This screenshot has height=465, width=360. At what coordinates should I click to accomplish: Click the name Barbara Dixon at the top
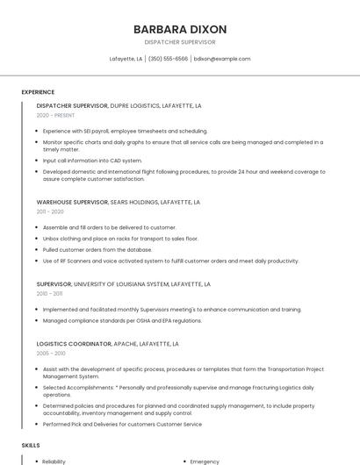pyautogui.click(x=179, y=29)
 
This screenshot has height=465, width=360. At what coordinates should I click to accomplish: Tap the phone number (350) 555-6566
pyautogui.click(x=168, y=59)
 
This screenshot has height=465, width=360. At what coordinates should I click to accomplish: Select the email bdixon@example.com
pyautogui.click(x=222, y=59)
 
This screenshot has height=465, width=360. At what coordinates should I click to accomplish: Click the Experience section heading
pyautogui.click(x=38, y=92)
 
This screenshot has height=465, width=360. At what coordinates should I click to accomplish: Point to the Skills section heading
pyautogui.click(x=31, y=446)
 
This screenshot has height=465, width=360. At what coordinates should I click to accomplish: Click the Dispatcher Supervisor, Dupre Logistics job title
pyautogui.click(x=119, y=105)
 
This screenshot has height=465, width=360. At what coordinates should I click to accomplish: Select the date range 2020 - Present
pyautogui.click(x=55, y=115)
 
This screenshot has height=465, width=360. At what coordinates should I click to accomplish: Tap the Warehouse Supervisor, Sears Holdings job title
pyautogui.click(x=118, y=202)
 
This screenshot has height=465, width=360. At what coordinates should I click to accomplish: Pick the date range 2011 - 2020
pyautogui.click(x=50, y=211)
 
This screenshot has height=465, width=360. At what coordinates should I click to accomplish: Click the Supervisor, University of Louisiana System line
pyautogui.click(x=123, y=284)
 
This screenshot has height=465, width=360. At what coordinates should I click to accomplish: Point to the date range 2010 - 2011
pyautogui.click(x=49, y=294)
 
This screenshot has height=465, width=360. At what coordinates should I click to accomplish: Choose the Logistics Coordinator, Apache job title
pyautogui.click(x=107, y=344)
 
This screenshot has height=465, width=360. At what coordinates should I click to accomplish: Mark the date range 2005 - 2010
pyautogui.click(x=51, y=354)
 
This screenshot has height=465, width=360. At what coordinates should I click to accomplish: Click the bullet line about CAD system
pyautogui.click(x=92, y=161)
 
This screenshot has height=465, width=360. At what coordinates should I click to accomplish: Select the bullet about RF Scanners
pyautogui.click(x=171, y=261)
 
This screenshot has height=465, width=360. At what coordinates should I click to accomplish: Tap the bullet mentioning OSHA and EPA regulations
pyautogui.click(x=122, y=320)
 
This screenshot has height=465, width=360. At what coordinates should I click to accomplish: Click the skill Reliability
pyautogui.click(x=54, y=461)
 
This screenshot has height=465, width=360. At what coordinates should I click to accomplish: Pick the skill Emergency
pyautogui.click(x=205, y=461)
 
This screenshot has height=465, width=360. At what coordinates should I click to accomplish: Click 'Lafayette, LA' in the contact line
pyautogui.click(x=126, y=59)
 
